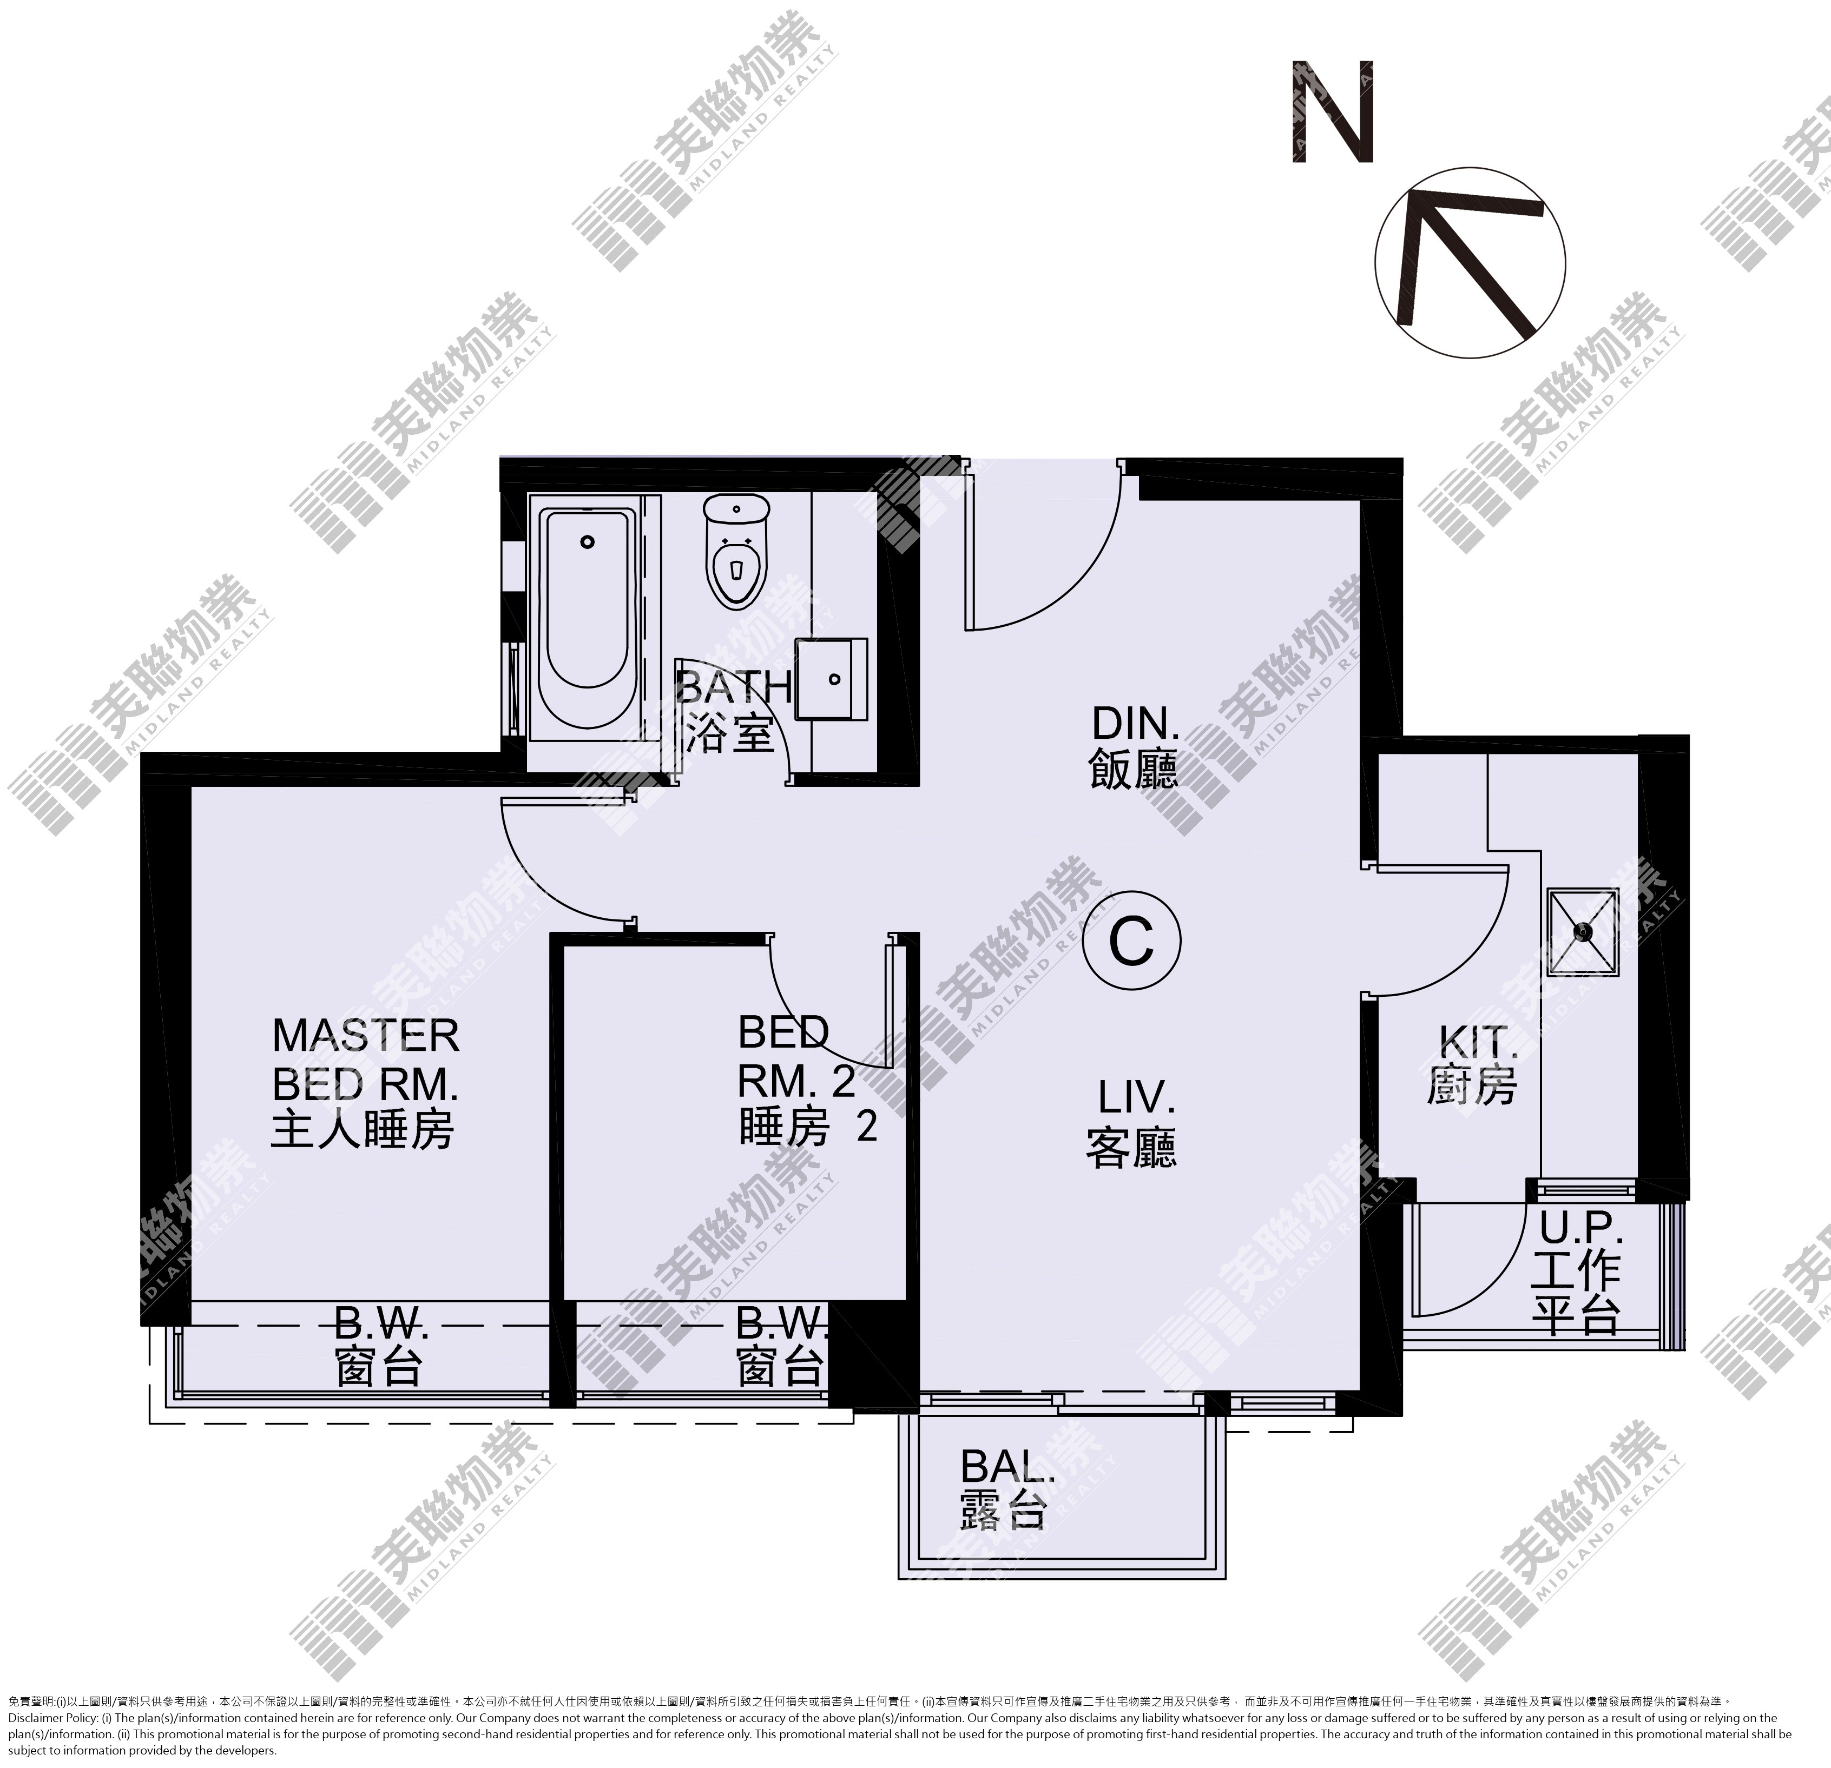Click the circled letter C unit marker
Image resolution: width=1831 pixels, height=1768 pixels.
click(x=1131, y=942)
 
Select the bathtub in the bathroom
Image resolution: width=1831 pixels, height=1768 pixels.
click(x=587, y=617)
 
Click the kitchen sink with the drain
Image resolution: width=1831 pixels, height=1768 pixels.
click(x=1583, y=931)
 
